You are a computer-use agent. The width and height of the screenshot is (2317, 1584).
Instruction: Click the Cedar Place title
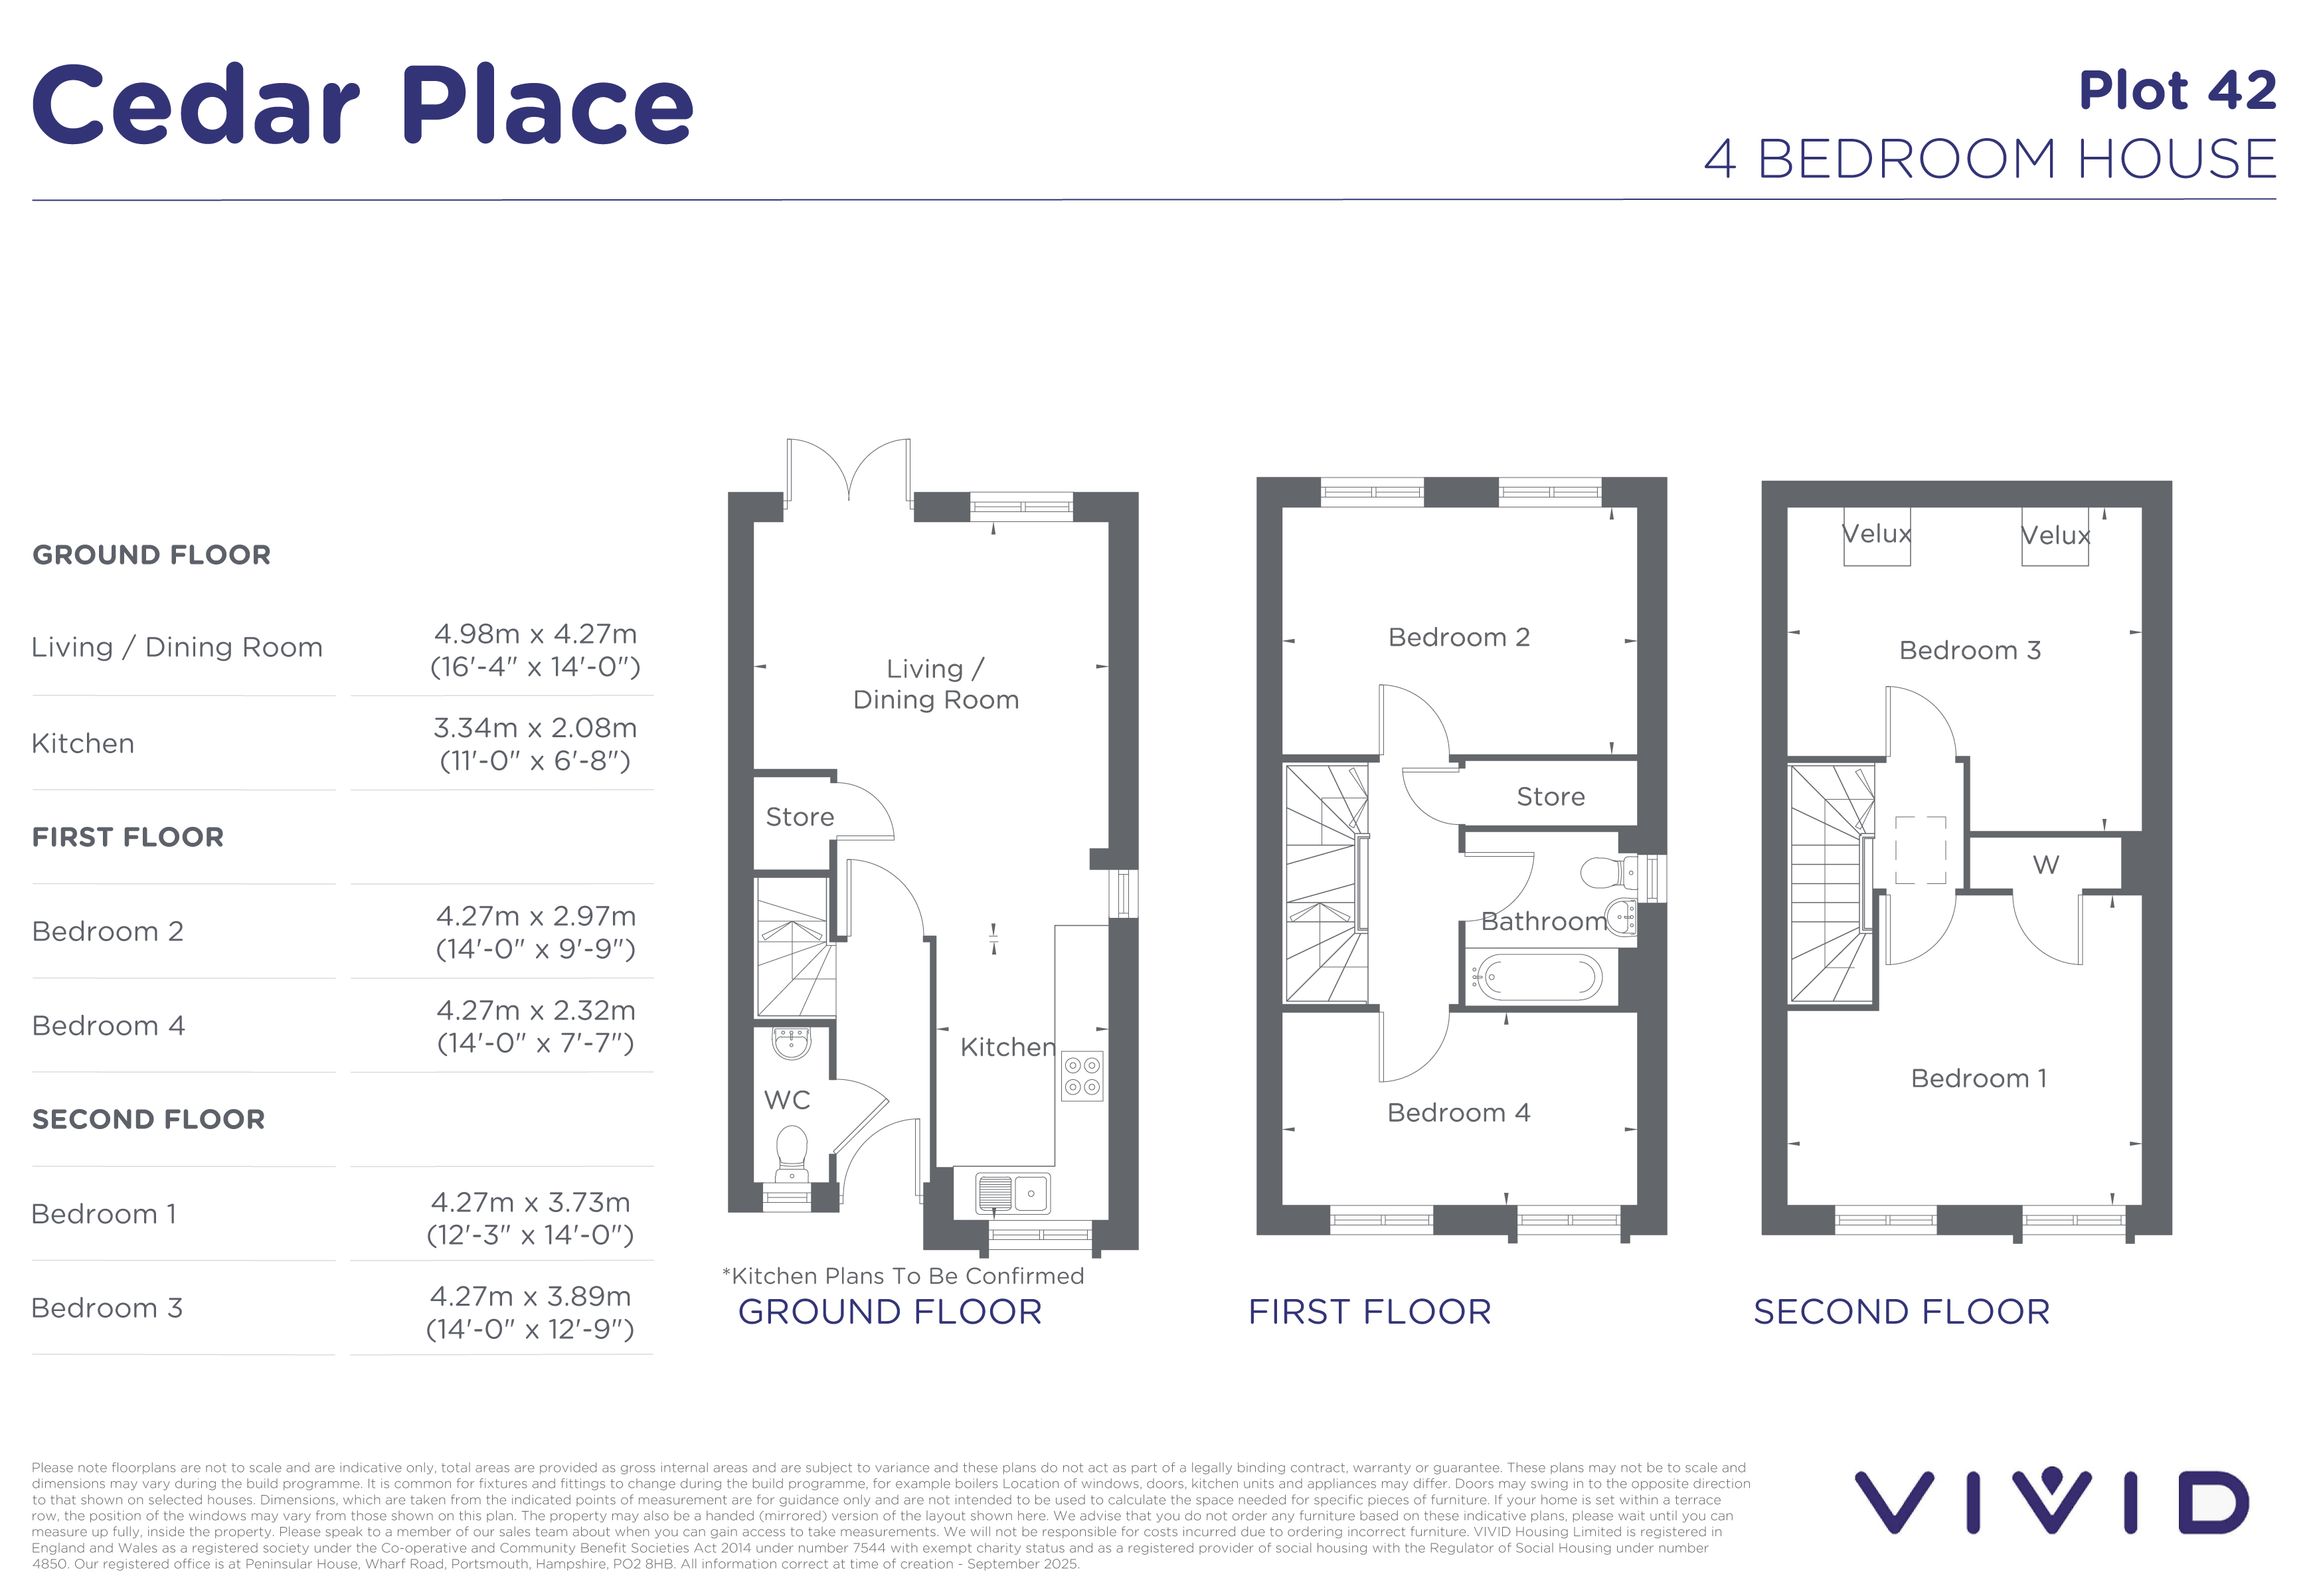click(363, 105)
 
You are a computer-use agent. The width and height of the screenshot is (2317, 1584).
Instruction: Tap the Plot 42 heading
click(2178, 91)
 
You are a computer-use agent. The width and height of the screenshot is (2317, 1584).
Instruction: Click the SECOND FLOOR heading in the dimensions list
click(149, 1120)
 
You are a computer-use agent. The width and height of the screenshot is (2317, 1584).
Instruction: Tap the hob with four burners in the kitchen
click(1082, 1077)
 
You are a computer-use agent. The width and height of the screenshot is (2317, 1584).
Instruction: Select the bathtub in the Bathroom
click(1538, 978)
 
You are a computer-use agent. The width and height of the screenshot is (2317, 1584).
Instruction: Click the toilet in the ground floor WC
click(793, 1154)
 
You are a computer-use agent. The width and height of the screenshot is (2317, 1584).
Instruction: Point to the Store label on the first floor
click(1551, 796)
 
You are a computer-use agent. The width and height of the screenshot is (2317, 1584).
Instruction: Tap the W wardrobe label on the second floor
click(2046, 864)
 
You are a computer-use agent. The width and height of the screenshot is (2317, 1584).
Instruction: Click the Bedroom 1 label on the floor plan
click(1979, 1079)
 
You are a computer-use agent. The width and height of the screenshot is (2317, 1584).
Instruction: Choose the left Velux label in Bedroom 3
click(1876, 535)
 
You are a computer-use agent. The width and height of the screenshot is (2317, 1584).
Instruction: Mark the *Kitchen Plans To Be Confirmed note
click(903, 1276)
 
